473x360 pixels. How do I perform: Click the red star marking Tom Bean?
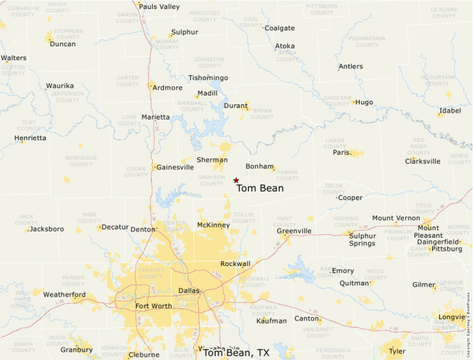pyautogui.click(x=236, y=180)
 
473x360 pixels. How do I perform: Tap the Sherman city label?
pyautogui.click(x=212, y=160)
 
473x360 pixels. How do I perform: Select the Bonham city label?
pyautogui.click(x=260, y=167)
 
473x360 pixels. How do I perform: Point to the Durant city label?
pyautogui.click(x=236, y=106)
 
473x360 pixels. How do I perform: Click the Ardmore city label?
pyautogui.click(x=167, y=88)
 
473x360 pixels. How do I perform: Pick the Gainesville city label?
pyautogui.click(x=175, y=167)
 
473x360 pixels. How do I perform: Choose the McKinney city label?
pyautogui.click(x=213, y=225)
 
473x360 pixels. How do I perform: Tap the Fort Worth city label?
pyautogui.click(x=154, y=306)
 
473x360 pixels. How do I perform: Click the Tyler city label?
pyautogui.click(x=397, y=351)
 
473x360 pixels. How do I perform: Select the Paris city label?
pyautogui.click(x=342, y=153)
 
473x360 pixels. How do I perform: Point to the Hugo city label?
pyautogui.click(x=364, y=102)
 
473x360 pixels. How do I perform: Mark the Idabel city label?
pyautogui.click(x=449, y=111)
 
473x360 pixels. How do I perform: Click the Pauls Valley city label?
pyautogui.click(x=159, y=7)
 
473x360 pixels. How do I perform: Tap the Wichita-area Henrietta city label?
pyautogui.click(x=30, y=138)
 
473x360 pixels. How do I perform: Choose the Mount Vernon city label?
pyautogui.click(x=396, y=218)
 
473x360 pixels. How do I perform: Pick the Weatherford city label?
pyautogui.click(x=64, y=295)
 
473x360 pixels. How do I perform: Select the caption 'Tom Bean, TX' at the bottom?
pyautogui.click(x=236, y=353)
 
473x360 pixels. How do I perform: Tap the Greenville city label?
pyautogui.click(x=294, y=231)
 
